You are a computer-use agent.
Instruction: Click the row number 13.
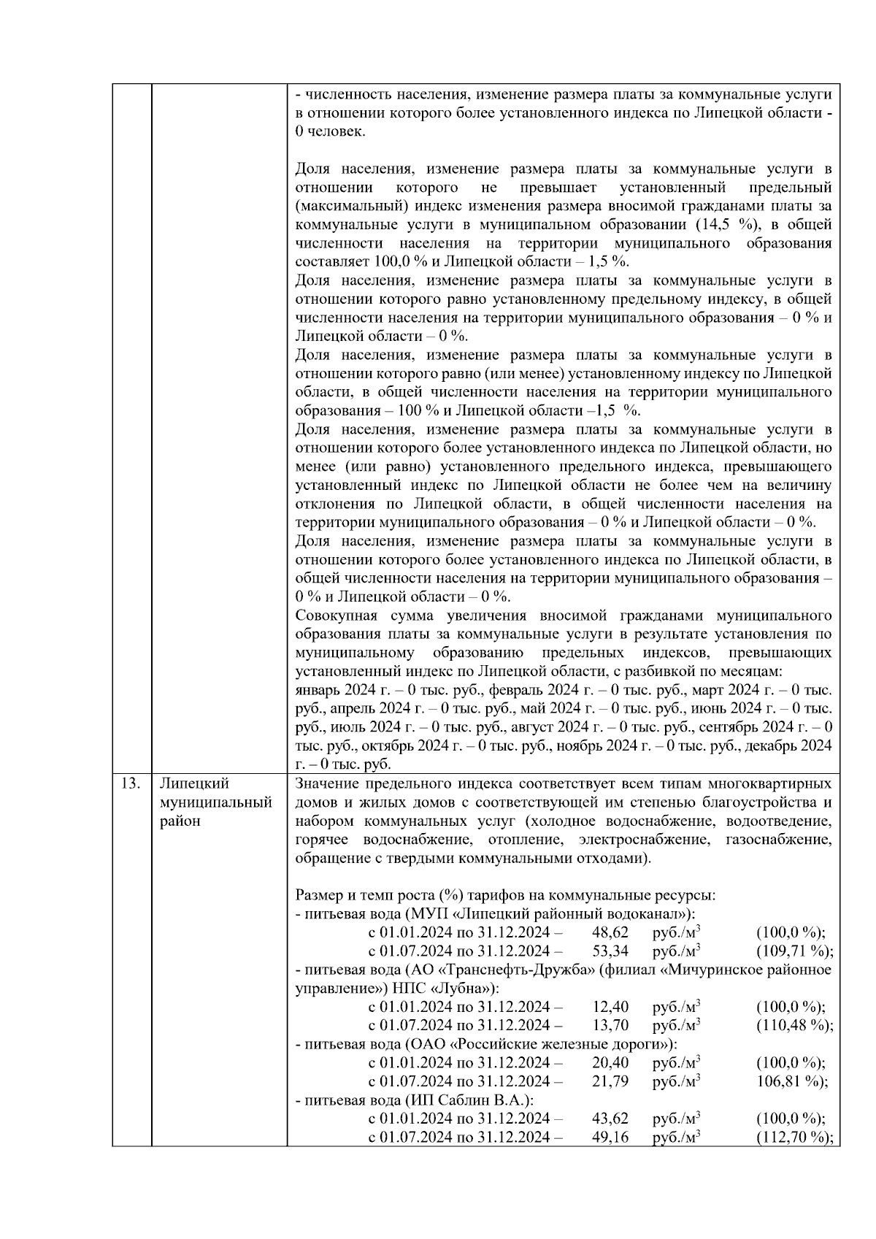[x=130, y=783]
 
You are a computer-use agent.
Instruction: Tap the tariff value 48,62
[x=610, y=932]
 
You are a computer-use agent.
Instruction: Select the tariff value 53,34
[x=610, y=951]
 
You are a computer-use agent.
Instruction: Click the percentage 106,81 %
[x=791, y=1081]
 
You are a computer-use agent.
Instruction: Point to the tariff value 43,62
[x=610, y=1119]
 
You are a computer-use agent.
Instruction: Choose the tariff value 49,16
[x=610, y=1137]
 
